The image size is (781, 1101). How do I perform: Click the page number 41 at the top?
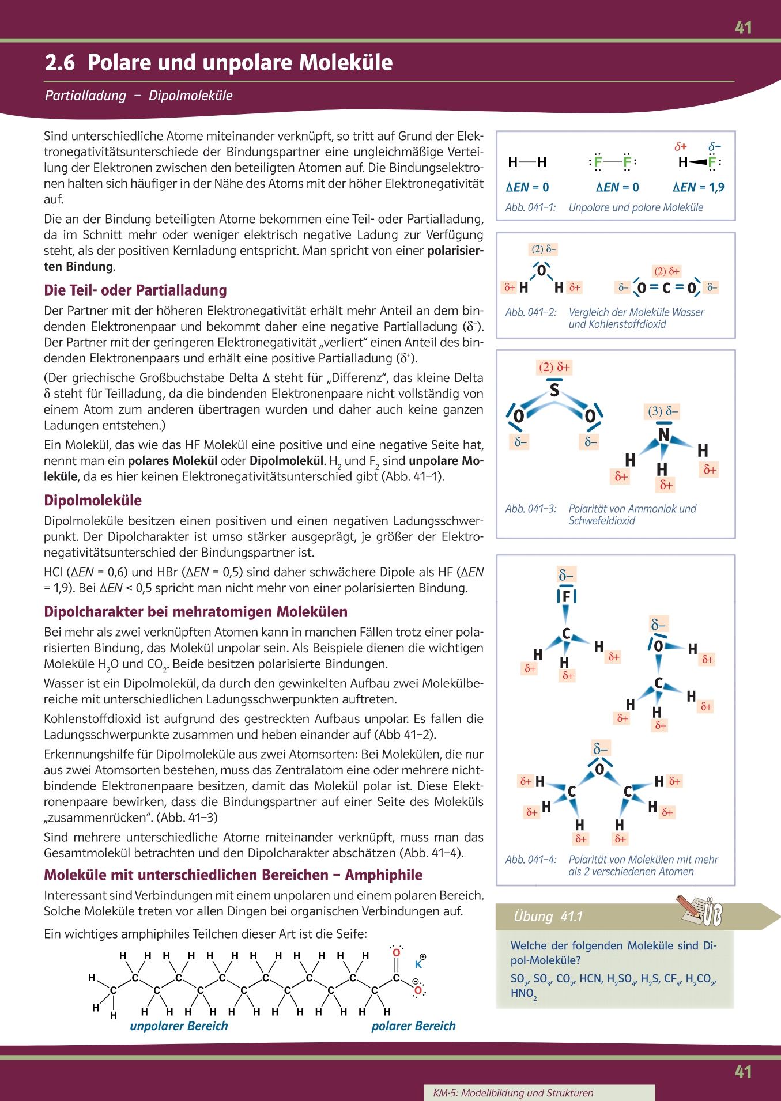[x=743, y=28]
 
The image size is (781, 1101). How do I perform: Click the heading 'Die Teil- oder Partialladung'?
[x=135, y=290]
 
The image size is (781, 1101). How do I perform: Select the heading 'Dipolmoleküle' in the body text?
[x=93, y=500]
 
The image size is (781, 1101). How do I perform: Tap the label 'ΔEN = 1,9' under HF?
[x=698, y=187]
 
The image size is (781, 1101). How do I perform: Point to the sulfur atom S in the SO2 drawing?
[x=554, y=390]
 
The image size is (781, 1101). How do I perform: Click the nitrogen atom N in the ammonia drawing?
[x=664, y=434]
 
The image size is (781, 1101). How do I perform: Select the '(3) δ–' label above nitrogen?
[x=663, y=411]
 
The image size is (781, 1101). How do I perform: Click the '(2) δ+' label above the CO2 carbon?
[x=667, y=271]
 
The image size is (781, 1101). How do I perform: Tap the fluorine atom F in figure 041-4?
[x=566, y=596]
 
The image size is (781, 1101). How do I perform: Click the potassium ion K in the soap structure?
[x=418, y=964]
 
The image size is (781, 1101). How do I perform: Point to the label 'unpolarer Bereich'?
[x=179, y=1026]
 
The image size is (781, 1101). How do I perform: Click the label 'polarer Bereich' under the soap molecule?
[x=413, y=1026]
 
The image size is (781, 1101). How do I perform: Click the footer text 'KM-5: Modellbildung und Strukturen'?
[x=513, y=1093]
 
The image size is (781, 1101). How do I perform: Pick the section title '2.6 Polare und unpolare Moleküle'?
[x=219, y=62]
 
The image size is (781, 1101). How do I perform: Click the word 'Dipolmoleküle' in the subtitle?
[x=190, y=96]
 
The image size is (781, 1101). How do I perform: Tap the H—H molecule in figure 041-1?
[x=527, y=162]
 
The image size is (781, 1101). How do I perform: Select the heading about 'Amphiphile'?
[x=233, y=875]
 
